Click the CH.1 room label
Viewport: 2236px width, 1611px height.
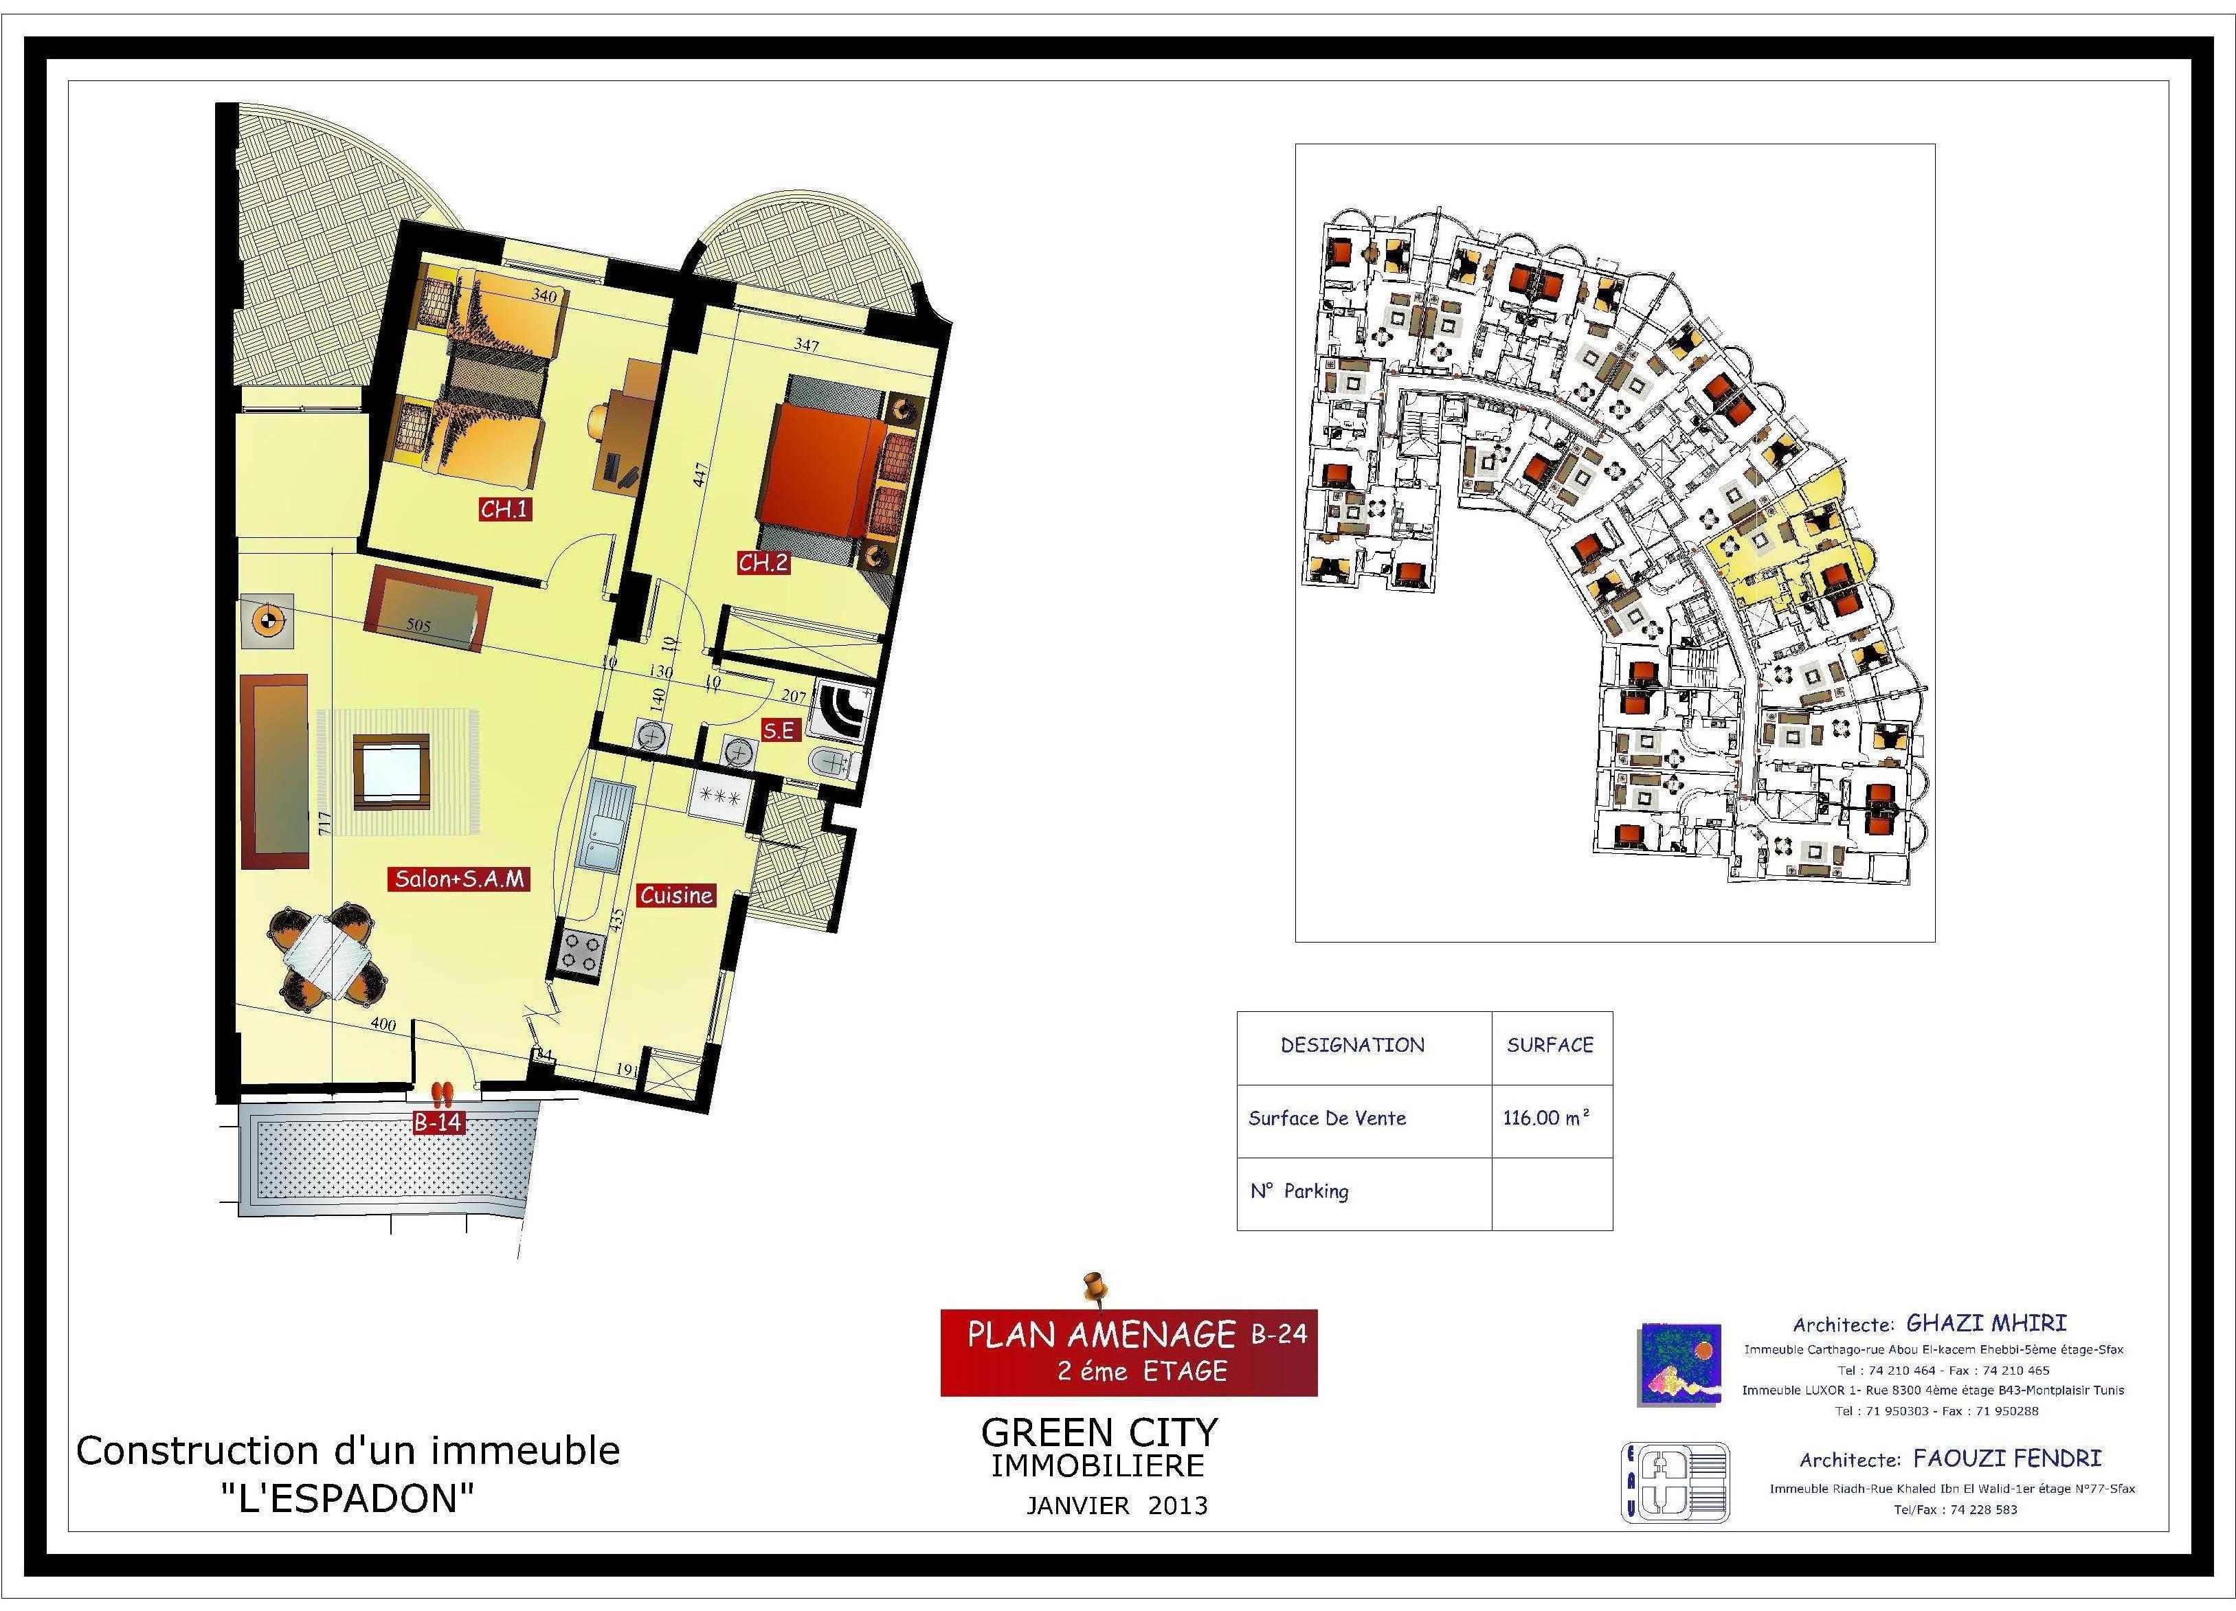[506, 509]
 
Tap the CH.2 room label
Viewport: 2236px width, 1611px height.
[763, 562]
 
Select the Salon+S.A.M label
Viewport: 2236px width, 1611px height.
[460, 879]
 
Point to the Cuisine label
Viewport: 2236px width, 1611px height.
[676, 895]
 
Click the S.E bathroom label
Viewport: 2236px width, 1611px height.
[779, 730]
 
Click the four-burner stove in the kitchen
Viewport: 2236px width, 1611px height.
[580, 949]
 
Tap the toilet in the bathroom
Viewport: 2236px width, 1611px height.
[832, 763]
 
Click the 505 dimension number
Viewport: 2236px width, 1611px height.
[419, 624]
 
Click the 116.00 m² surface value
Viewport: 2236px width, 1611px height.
[1546, 1117]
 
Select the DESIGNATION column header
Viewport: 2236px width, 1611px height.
[1352, 1045]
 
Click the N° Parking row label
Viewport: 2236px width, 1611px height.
[1299, 1191]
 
